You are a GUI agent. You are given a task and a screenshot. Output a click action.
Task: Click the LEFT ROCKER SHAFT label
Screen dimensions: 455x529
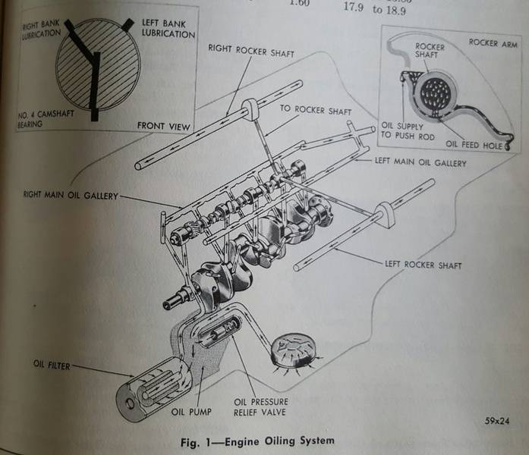point(424,265)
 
